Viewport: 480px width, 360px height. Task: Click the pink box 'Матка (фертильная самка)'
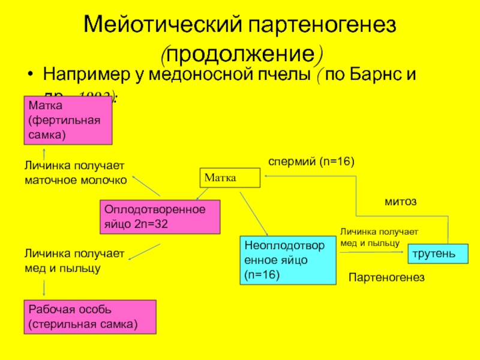tap(68, 120)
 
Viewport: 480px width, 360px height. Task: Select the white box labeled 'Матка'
tap(230, 178)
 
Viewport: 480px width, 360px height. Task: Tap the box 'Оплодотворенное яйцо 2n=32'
tap(160, 217)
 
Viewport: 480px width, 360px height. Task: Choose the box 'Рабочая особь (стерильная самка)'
tap(89, 317)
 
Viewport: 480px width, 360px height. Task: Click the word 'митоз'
tap(400, 202)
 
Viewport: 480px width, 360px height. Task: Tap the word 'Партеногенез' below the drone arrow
tap(386, 277)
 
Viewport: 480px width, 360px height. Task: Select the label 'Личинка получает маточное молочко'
tap(76, 172)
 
